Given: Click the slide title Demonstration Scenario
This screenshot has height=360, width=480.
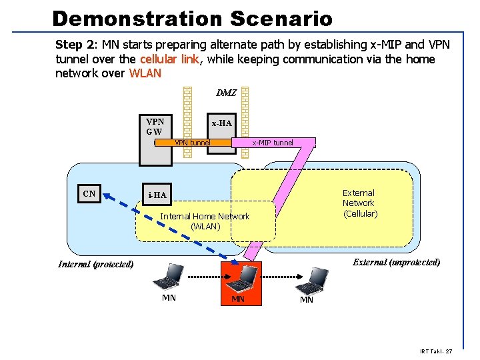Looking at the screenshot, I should (x=192, y=18).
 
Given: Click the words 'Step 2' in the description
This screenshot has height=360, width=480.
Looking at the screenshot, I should (x=76, y=45).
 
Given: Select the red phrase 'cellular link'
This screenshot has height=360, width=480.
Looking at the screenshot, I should (x=173, y=59).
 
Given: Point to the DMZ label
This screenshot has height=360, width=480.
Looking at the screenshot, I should (x=226, y=93).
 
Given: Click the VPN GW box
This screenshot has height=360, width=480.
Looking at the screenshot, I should (x=155, y=127).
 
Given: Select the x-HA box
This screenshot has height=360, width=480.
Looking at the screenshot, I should (x=221, y=123).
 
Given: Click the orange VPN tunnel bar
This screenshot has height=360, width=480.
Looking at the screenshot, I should (x=193, y=142).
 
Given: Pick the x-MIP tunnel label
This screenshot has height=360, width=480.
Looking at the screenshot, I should (x=272, y=143).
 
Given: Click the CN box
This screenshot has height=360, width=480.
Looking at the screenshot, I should (x=89, y=194).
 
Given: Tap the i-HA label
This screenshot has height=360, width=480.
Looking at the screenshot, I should (x=157, y=195).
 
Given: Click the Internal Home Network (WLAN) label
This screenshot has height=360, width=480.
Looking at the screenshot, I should (x=205, y=221).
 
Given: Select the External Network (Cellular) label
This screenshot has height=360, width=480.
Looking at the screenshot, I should (x=359, y=203).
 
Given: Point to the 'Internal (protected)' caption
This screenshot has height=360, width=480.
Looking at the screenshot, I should (x=95, y=264).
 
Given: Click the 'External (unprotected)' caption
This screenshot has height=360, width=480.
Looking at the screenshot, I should (x=396, y=262).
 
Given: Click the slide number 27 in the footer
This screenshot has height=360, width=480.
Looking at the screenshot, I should (x=449, y=351).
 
